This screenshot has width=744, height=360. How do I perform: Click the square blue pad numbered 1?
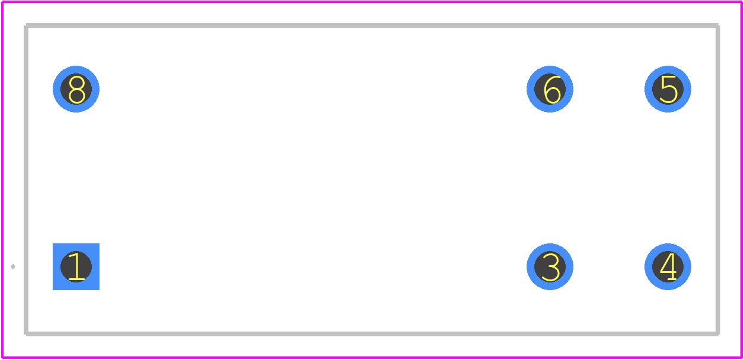tap(76, 266)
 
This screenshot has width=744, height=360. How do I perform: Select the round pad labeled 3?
tap(550, 266)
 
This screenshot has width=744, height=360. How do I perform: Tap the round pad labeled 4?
tap(668, 266)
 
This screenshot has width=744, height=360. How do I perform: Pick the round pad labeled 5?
tap(668, 89)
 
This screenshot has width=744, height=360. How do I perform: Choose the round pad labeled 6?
tap(550, 89)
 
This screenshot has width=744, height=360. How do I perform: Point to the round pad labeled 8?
tap(76, 89)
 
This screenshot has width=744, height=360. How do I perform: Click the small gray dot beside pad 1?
tap(13, 266)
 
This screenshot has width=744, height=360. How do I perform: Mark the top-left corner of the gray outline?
tap(26, 25)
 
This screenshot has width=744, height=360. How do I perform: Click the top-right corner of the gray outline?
tap(718, 25)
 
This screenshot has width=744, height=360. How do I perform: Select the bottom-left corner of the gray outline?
tap(26, 334)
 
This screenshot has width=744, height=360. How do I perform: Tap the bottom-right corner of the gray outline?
tap(718, 334)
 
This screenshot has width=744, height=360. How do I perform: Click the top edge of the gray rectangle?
tap(372, 25)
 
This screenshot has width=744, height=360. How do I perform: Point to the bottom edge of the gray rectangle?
tap(372, 334)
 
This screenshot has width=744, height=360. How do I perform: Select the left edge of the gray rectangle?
tap(26, 179)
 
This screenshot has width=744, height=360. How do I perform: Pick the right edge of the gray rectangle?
tap(718, 179)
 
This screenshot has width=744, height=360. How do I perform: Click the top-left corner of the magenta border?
tap(2, 2)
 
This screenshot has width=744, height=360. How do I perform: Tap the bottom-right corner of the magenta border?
tap(742, 358)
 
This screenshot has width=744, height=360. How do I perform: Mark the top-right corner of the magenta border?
tap(742, 2)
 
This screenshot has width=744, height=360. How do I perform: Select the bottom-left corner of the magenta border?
tap(2, 358)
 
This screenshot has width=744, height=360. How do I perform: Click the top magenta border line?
tap(372, 2)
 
